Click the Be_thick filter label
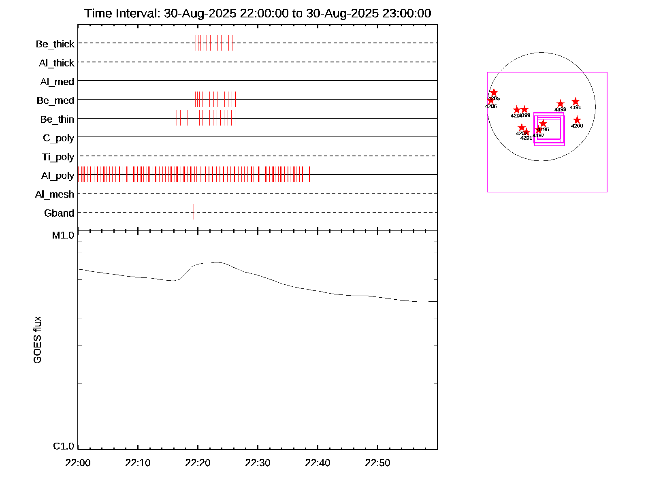coord(55,44)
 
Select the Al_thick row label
coord(57,63)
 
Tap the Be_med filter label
coord(55,100)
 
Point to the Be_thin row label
coord(57,119)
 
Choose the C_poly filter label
coord(58,138)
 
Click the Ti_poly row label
coord(58,157)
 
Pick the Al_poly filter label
coord(58,176)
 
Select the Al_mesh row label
coord(55,194)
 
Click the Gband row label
coord(59,213)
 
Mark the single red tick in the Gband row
coord(194,212)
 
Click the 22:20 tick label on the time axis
coord(198,463)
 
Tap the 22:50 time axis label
coord(377,463)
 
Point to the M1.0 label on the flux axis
coord(63,235)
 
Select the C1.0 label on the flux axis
coord(64,446)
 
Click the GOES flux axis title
coord(37,340)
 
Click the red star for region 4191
coord(576,102)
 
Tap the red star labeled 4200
coord(577,120)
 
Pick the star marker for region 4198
coord(560,104)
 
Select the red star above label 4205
coord(494,92)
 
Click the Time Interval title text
coord(258,13)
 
